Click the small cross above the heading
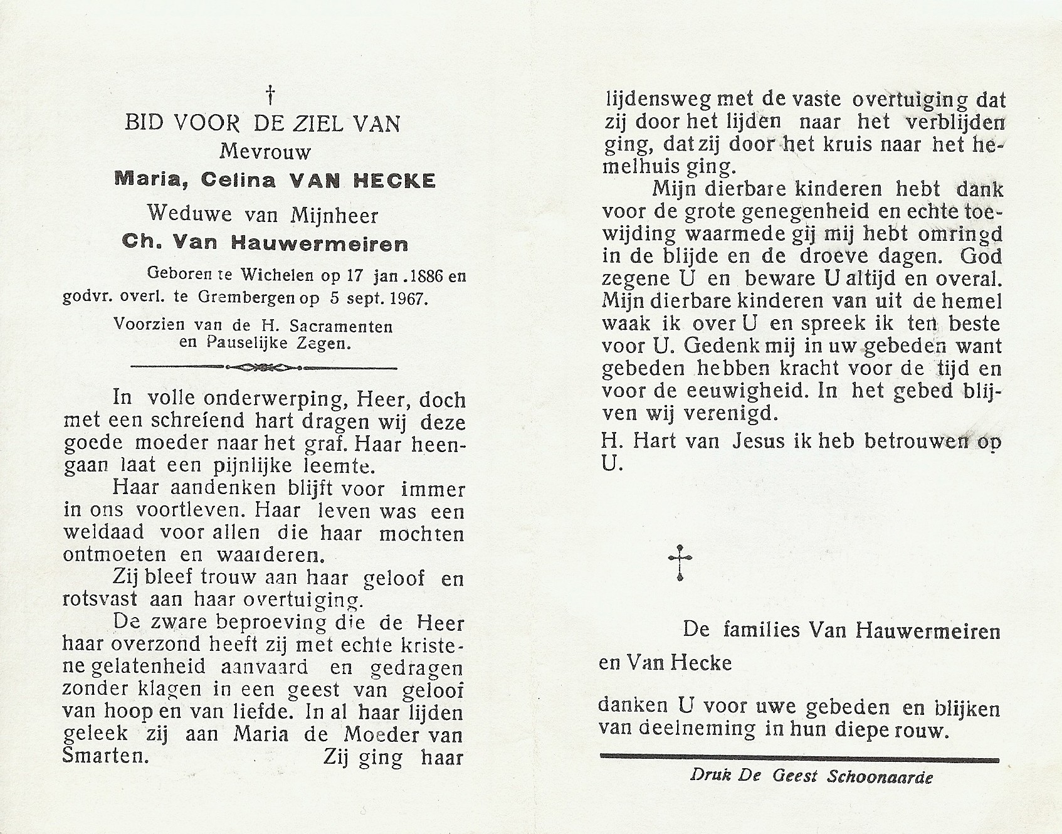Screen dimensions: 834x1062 pyautogui.click(x=270, y=96)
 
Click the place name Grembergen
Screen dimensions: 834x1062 pyautogui.click(x=253, y=298)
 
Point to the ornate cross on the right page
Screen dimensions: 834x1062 pyautogui.click(x=680, y=561)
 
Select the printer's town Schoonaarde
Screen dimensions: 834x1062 pyautogui.click(x=880, y=776)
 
